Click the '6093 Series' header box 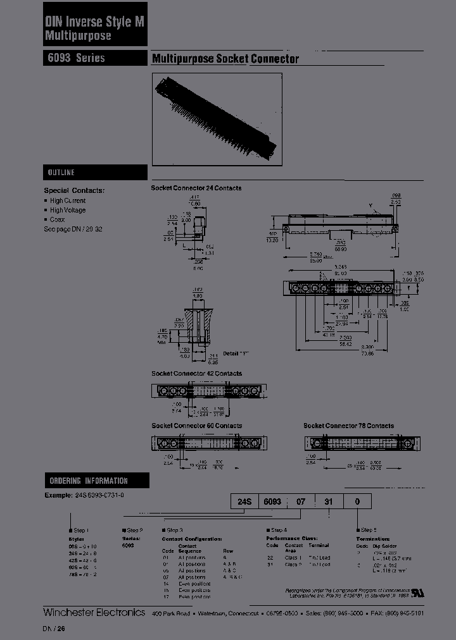pyautogui.click(x=95, y=58)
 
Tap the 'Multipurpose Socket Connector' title pyautogui.click(x=225, y=59)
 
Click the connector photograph pyautogui.click(x=216, y=118)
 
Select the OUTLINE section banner pyautogui.click(x=95, y=173)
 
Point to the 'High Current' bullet pyautogui.click(x=68, y=200)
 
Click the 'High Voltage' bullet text pyautogui.click(x=68, y=210)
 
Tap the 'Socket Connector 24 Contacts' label pyautogui.click(x=196, y=188)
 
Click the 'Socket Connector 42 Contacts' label pyautogui.click(x=196, y=374)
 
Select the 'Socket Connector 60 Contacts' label pyautogui.click(x=196, y=426)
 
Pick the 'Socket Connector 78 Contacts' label pyautogui.click(x=348, y=426)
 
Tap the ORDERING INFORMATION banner pyautogui.click(x=95, y=481)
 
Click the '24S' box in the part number pyautogui.click(x=245, y=502)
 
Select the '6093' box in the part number pyautogui.click(x=272, y=502)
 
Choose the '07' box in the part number pyautogui.click(x=301, y=502)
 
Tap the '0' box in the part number pyautogui.click(x=357, y=502)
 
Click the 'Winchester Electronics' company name pyautogui.click(x=94, y=612)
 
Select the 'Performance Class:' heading pyautogui.click(x=291, y=538)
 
